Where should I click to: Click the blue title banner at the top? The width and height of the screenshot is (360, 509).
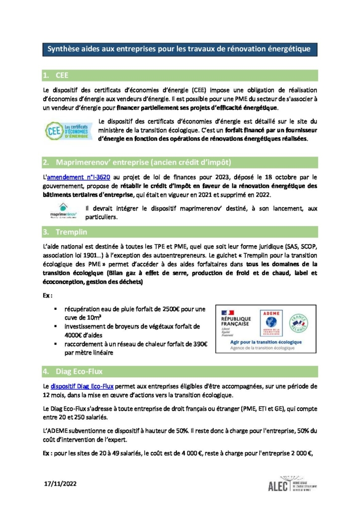[179, 49]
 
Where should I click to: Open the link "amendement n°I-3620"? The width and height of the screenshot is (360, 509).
[74, 176]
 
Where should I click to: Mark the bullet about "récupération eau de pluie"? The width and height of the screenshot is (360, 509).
[131, 313]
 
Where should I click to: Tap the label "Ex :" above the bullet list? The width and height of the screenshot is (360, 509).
[48, 295]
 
